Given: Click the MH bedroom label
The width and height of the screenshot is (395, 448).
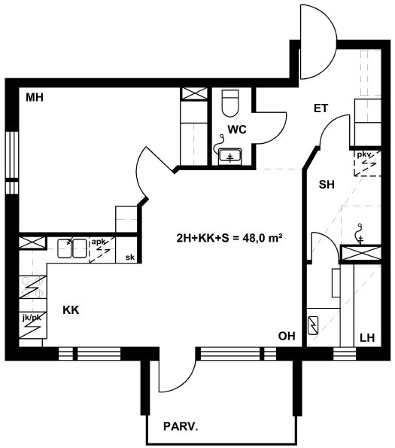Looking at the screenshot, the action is pos(35,98).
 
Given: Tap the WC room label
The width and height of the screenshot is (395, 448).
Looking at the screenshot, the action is pos(237,130).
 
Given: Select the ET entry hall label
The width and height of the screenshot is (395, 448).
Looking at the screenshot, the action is pos(321,108).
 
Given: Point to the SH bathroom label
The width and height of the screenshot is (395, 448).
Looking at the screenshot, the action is pos(327,184).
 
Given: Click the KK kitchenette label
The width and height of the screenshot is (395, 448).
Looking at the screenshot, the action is pos(71,310).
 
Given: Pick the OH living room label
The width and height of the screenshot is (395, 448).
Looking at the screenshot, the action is pos(287,337).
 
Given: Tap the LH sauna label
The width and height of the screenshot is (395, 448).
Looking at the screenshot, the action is pos(367,338).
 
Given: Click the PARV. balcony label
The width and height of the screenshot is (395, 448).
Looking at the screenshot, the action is pos(181,427).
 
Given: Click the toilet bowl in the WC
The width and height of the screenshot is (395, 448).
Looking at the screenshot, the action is pos(230,103).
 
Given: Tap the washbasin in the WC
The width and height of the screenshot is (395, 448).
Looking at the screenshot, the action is pos(230,157).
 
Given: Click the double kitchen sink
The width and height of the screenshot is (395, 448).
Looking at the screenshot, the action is pos(72,248).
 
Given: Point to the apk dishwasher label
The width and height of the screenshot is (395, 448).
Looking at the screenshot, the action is pos(98,242).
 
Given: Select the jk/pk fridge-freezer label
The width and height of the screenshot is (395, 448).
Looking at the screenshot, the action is pos(32,318).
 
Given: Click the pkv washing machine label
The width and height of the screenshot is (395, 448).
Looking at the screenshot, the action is pos(364,155).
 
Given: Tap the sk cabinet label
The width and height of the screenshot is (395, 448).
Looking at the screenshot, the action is pos(130,258).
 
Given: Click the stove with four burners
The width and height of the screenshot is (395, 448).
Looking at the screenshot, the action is pos(32,287).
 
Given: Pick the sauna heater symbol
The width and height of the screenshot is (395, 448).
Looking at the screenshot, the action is pos(313,325).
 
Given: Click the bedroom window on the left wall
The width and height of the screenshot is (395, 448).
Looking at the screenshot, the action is pos(12,163).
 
